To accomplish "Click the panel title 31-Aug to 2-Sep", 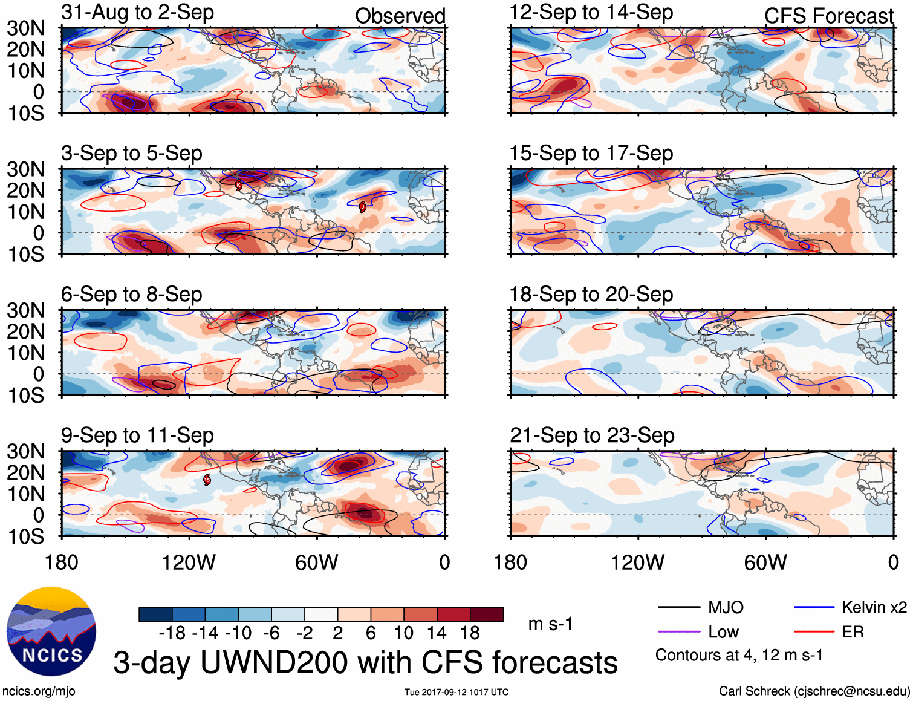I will tap(137, 12).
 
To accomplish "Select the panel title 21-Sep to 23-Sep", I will tap(592, 435).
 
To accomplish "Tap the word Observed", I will tap(400, 16).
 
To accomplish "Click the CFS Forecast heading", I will tap(828, 16).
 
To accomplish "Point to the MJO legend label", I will tap(726, 607).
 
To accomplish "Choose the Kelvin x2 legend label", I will tap(874, 607).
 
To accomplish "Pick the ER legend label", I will tap(853, 632).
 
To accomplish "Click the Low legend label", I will tap(723, 632).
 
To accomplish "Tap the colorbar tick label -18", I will tap(172, 633).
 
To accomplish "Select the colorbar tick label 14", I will tap(436, 633).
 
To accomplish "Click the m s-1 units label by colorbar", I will tap(550, 624).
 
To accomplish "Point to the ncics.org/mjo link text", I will tap(39, 691).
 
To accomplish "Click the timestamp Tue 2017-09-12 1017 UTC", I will tap(457, 692).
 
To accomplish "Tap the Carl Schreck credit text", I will tap(814, 691).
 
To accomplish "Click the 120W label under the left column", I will tap(189, 562).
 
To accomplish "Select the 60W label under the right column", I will tap(765, 562).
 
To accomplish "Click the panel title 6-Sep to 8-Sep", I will tap(131, 295).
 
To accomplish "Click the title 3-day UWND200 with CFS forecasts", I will tap(365, 662).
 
